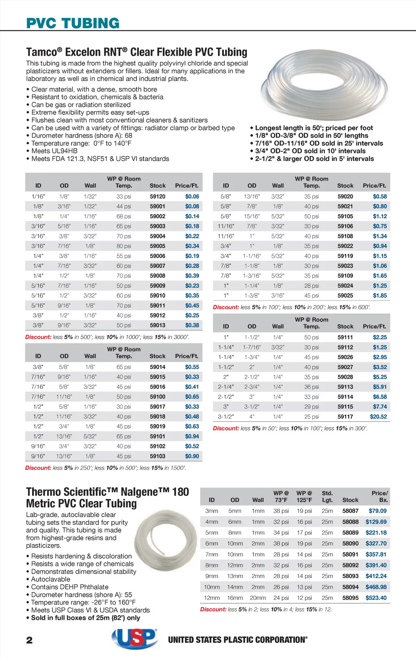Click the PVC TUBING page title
pos(73,23)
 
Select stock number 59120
pos(157,196)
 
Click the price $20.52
pos(378,416)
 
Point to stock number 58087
pos(350,511)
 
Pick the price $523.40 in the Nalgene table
pos(376,598)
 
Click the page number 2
pos(29,640)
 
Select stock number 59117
pos(345,416)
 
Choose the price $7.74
pos(380,407)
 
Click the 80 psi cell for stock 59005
pos(123,246)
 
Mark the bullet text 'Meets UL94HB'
pos(54,151)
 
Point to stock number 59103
pos(157,456)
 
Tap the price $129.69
pos(376,522)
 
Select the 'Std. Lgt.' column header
pos(327,496)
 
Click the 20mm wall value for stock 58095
pos(258,598)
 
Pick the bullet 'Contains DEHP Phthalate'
pos(69,587)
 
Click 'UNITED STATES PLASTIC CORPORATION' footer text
pos(238,640)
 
